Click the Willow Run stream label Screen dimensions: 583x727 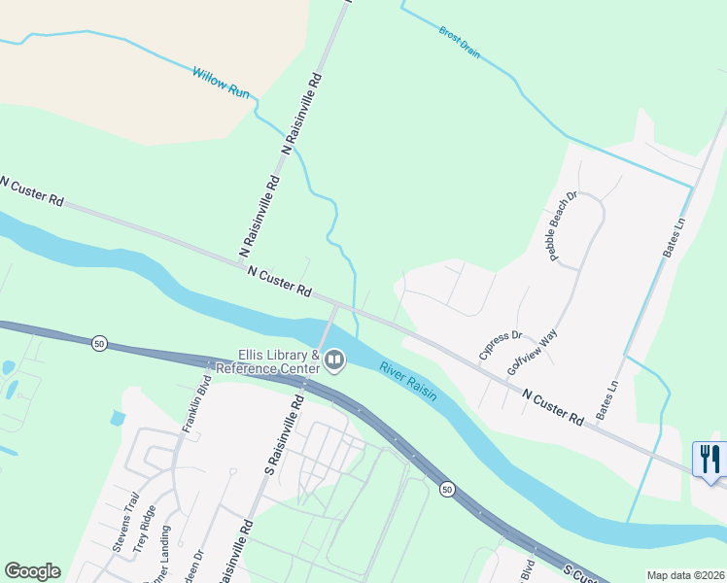[x=222, y=80]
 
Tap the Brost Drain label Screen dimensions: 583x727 [x=459, y=42]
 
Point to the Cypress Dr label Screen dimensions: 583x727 [x=501, y=346]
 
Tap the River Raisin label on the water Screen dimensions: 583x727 [x=408, y=382]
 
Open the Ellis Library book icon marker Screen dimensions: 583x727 [x=334, y=361]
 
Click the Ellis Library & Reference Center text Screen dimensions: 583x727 [x=265, y=362]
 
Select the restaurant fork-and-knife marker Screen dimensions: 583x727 [x=710, y=459]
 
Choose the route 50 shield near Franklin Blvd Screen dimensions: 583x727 [x=99, y=343]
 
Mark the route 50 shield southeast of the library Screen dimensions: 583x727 [x=446, y=488]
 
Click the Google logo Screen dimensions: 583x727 [x=32, y=571]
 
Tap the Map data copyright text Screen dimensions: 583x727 [x=684, y=575]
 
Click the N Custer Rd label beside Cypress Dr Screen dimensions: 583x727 [x=552, y=407]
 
